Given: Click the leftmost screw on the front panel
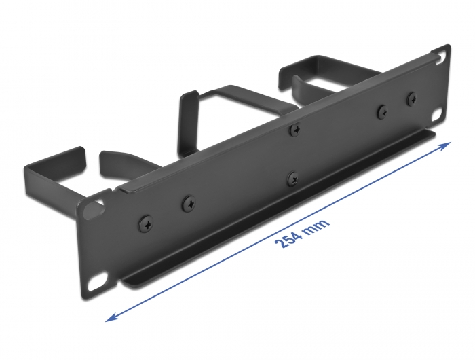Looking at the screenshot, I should click(x=147, y=222).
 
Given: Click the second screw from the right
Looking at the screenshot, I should click(x=383, y=111).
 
